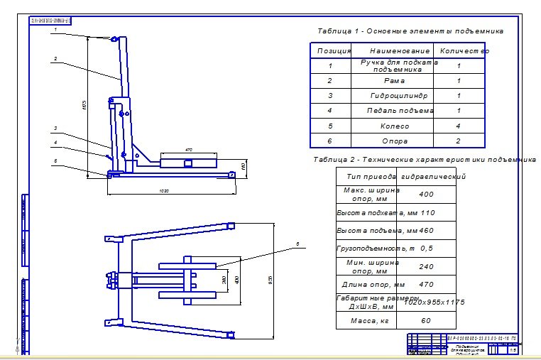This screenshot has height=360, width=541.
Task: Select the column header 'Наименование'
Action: (x=400, y=51)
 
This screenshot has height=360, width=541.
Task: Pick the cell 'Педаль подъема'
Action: (x=400, y=111)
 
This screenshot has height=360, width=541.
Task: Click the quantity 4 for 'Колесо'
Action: (x=459, y=126)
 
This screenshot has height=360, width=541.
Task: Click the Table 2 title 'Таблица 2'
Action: (x=337, y=160)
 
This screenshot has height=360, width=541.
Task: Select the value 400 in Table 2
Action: (x=426, y=194)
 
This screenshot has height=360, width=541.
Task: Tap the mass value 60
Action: (x=426, y=321)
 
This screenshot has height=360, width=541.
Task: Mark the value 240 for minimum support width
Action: (x=426, y=267)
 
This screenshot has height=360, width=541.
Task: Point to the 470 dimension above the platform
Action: (x=189, y=150)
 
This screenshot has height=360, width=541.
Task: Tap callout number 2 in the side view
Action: (x=55, y=58)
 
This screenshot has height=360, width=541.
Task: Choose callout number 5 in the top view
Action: (x=297, y=244)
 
